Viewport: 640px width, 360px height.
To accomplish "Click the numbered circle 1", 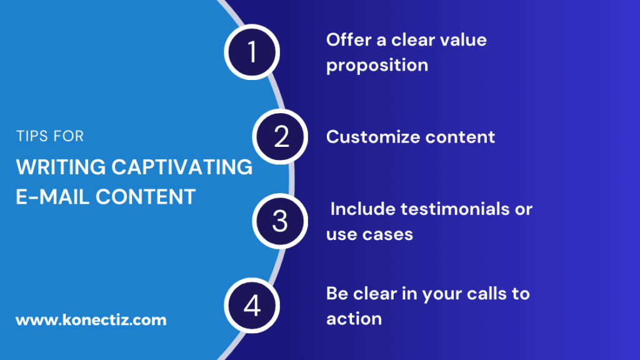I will point(252,52).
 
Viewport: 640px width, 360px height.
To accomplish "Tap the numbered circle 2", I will point(281,136).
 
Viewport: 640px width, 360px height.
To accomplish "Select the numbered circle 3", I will point(280,221).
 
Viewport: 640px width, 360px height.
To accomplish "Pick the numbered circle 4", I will point(252,305).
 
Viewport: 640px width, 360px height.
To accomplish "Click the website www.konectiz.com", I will point(91,320).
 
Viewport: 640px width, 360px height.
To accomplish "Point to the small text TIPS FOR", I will point(49,136).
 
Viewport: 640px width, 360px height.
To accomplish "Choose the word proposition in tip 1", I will point(377,65).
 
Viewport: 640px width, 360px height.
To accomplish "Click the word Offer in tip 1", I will point(347,40).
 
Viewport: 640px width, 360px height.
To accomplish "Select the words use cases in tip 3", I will point(369,234).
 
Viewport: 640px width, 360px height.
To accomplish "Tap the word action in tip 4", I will point(354,319).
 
